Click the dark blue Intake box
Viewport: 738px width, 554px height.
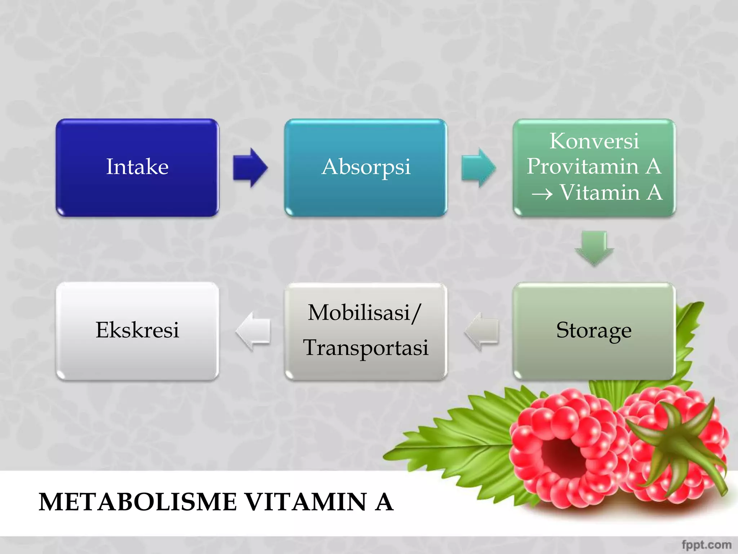(x=137, y=167)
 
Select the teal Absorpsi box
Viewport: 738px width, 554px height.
(x=366, y=167)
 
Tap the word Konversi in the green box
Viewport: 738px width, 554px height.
(x=594, y=141)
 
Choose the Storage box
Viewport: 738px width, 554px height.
(x=594, y=330)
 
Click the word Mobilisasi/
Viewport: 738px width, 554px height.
(x=364, y=312)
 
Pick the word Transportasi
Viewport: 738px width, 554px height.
(x=366, y=348)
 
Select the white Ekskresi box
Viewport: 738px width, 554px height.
(x=137, y=330)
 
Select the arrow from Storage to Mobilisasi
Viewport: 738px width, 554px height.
(x=482, y=331)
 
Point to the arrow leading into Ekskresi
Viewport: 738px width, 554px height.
(x=253, y=331)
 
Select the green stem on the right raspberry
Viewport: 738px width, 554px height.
(x=681, y=444)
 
